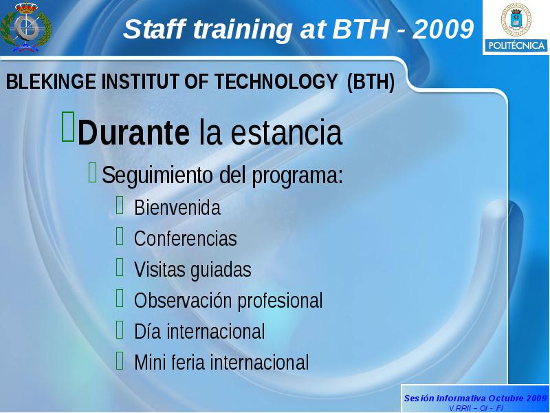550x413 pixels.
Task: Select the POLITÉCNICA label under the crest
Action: coord(516,45)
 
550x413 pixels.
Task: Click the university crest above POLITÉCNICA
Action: coord(516,20)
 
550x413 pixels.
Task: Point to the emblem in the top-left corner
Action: coord(26,26)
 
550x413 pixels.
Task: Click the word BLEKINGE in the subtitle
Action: coord(50,81)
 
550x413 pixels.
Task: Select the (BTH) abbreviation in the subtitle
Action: coord(371,82)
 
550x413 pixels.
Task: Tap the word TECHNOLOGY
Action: coord(276,81)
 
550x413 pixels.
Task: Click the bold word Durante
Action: coord(133,132)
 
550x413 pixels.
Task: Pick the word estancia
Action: coord(286,132)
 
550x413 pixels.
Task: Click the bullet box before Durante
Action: coord(68,127)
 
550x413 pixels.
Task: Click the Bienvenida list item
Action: coord(177,208)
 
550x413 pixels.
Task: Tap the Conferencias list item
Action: coord(186,238)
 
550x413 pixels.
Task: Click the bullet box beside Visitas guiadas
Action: coord(120,267)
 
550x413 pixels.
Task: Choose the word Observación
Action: coord(182,300)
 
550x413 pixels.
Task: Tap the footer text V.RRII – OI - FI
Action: coord(476,408)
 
